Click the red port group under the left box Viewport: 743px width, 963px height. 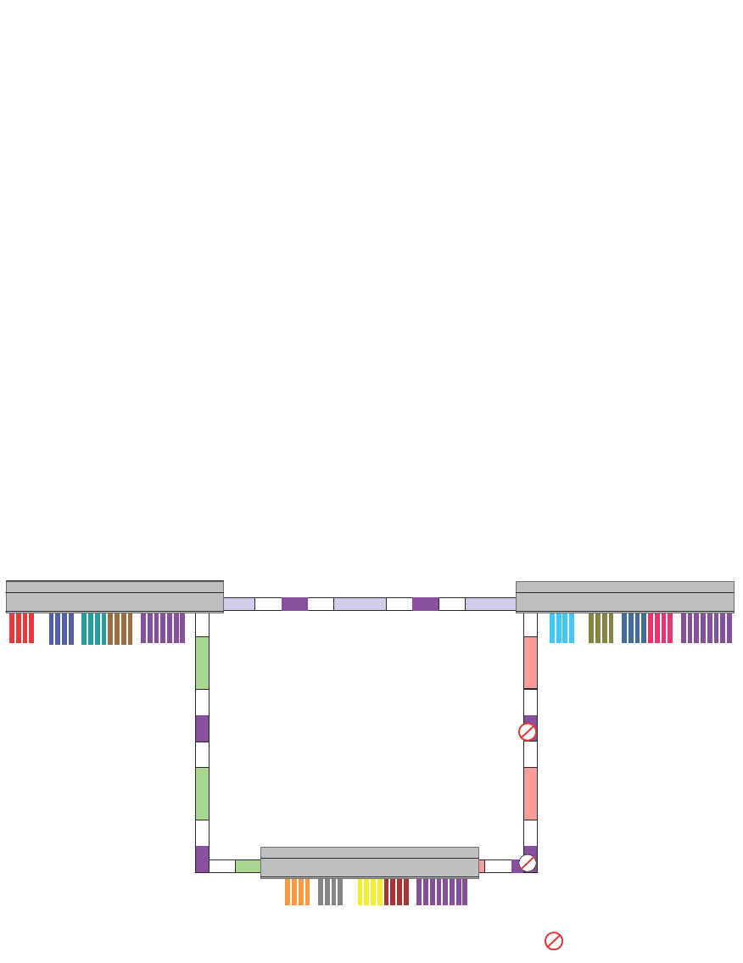pos(22,628)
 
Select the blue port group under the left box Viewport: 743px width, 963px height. pos(61,629)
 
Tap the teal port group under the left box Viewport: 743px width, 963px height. pos(93,629)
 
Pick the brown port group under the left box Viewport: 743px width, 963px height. pos(120,629)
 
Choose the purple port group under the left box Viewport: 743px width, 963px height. pos(163,628)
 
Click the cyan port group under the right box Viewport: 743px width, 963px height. pos(561,628)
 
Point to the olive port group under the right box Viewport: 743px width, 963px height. pos(601,628)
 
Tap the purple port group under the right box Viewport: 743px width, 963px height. pos(707,628)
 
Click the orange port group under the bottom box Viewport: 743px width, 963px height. pos(297,892)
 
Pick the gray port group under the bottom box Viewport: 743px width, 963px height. pos(331,892)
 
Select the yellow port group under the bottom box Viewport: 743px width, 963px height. pos(370,892)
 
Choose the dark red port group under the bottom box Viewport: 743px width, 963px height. pos(396,892)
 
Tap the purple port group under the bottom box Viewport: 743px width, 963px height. pos(442,892)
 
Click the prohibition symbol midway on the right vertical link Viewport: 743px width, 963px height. pos(528,731)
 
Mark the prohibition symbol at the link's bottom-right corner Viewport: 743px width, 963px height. pos(528,863)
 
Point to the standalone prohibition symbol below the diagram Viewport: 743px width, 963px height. pos(554,941)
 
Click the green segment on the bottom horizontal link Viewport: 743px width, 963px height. pos(248,865)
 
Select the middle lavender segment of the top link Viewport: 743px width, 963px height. pos(360,604)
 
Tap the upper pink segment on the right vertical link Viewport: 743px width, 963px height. pos(530,663)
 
